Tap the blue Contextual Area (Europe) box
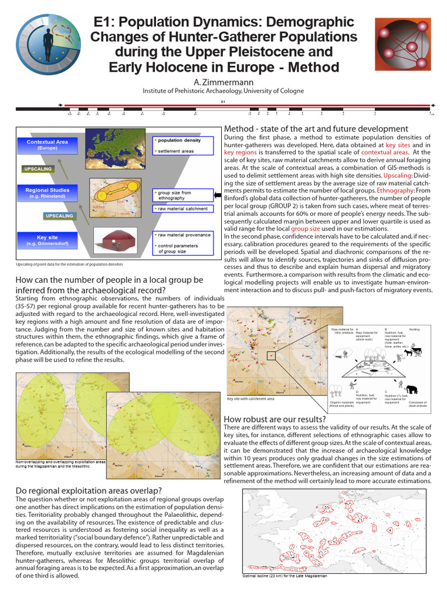tap(48, 144)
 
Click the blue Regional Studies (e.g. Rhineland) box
tap(47, 193)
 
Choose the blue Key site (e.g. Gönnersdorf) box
tap(47, 239)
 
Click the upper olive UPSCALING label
tap(38, 169)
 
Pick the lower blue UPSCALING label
tap(59, 215)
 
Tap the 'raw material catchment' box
tap(182, 208)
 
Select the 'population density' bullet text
tap(180, 140)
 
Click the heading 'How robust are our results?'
tap(275, 419)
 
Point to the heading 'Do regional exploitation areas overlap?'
tap(88, 490)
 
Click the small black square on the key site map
tap(271, 355)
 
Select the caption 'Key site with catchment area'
tap(250, 399)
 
